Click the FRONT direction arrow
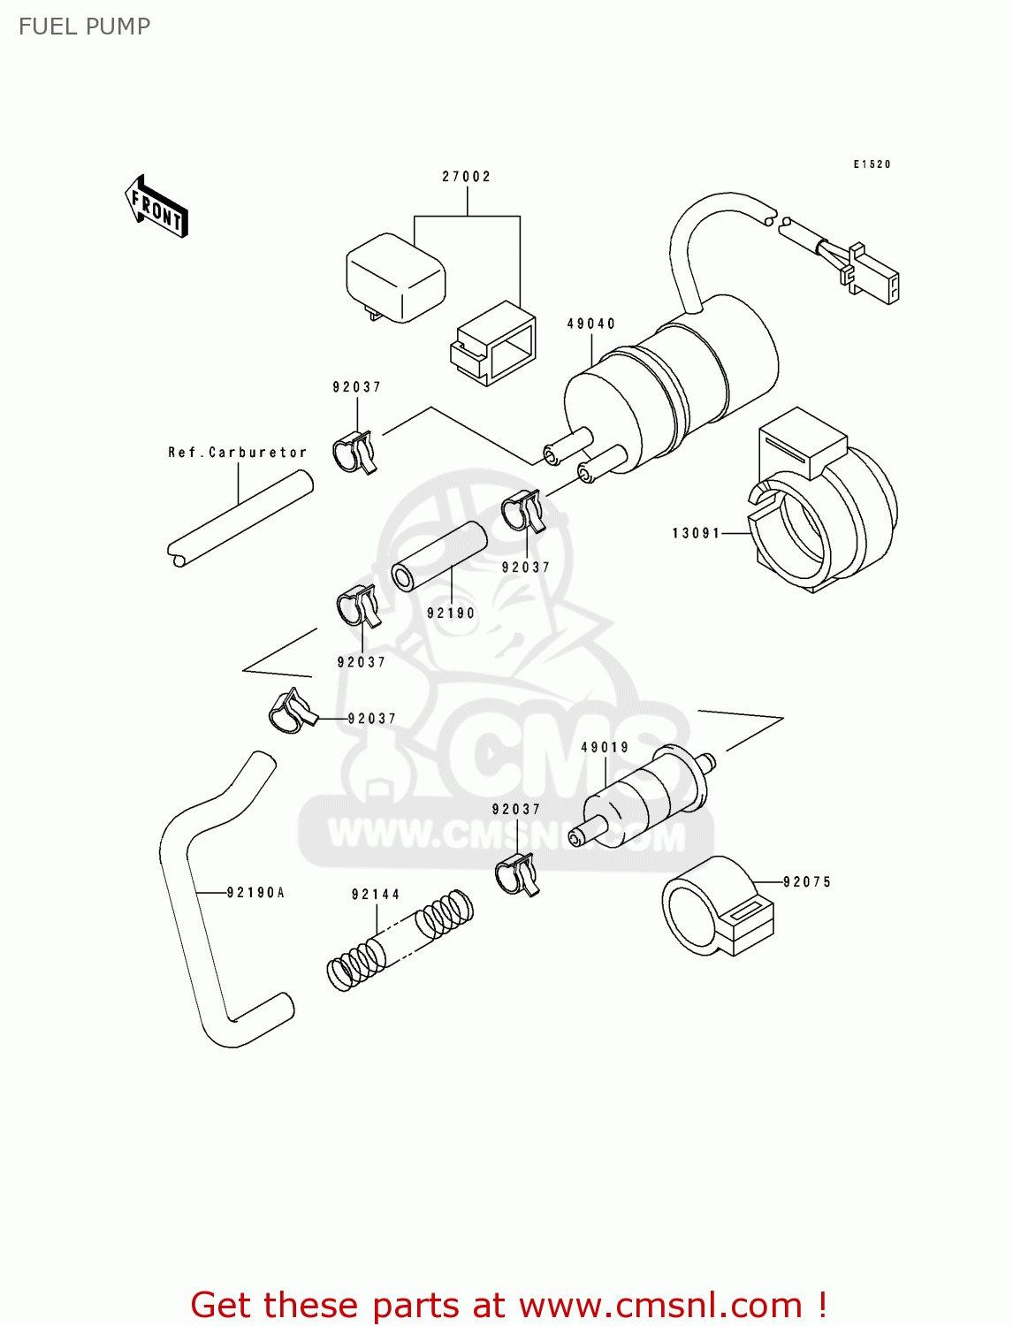[157, 207]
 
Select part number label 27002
[466, 177]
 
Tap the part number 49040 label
[590, 324]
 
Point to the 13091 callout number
[697, 533]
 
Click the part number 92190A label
[255, 893]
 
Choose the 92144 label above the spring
[376, 895]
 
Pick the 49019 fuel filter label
[605, 748]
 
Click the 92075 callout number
[807, 882]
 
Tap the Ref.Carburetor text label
[238, 453]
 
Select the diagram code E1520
[872, 164]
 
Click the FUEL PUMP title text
[85, 27]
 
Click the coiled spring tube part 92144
[400, 940]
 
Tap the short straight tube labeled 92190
[439, 556]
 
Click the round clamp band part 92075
[716, 907]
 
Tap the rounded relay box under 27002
[395, 276]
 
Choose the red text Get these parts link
[508, 1305]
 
